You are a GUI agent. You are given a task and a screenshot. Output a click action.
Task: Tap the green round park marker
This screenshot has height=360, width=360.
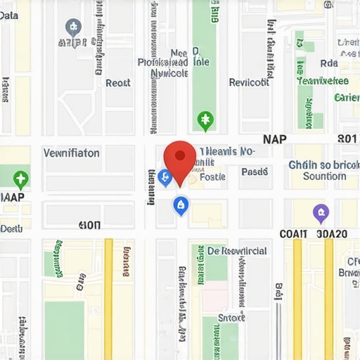(205, 120)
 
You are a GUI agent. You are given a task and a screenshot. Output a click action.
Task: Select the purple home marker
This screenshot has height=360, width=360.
(321, 212)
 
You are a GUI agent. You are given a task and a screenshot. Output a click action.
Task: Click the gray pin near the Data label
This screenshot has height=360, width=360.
(72, 28)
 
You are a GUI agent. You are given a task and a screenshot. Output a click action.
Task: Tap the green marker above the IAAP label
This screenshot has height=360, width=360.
(20, 178)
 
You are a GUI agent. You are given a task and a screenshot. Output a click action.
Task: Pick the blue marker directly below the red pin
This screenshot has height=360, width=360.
(181, 205)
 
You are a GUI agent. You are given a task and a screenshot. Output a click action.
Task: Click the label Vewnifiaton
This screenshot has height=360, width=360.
(72, 153)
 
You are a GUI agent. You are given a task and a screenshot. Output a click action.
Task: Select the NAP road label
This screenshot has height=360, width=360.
(274, 139)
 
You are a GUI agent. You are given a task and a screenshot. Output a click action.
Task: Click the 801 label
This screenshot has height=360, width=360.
(347, 139)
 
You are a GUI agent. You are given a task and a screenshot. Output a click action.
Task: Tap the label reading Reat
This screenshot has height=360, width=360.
(118, 82)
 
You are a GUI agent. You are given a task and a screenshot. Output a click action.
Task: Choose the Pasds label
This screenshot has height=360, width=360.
(255, 172)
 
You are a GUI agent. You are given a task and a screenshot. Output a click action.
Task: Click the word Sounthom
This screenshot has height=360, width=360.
(324, 176)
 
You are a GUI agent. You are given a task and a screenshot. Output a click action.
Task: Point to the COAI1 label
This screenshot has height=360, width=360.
(293, 234)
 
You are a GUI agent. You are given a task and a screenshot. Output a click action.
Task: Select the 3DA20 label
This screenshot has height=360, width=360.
(332, 234)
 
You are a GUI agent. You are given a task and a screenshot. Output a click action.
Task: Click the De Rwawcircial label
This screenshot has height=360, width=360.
(237, 251)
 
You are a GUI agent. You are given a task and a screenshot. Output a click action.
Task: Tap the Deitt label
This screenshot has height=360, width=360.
(11, 228)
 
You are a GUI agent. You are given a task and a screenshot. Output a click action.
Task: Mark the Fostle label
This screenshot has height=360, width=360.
(212, 177)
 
